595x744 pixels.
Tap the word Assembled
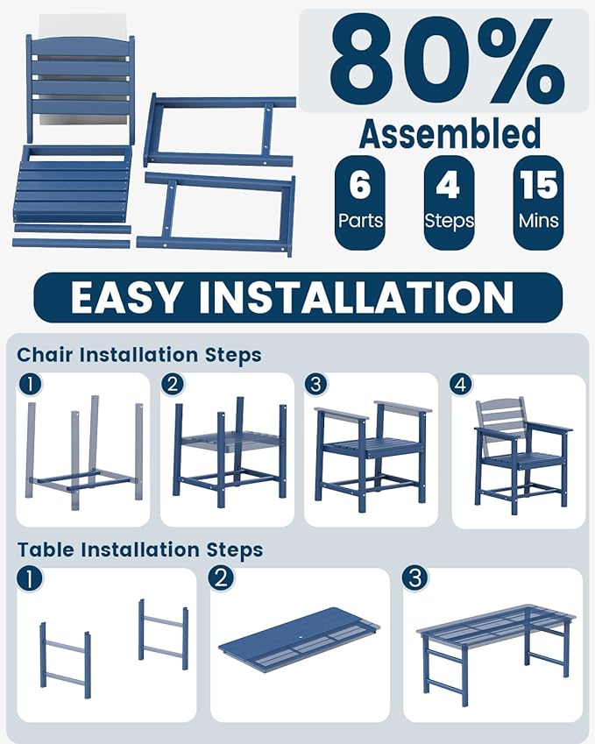[450, 133]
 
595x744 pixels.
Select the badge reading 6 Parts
[359, 202]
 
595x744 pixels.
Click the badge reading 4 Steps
[449, 202]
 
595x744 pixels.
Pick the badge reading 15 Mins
[539, 202]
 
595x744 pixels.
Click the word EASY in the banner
[125, 297]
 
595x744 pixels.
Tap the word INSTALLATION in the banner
[356, 297]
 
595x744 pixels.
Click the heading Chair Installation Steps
[139, 355]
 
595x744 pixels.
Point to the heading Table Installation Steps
[140, 550]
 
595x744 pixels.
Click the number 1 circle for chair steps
[30, 384]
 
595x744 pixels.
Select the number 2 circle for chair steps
[173, 384]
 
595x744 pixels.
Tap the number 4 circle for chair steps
[461, 385]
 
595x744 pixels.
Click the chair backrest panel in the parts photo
[80, 88]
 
